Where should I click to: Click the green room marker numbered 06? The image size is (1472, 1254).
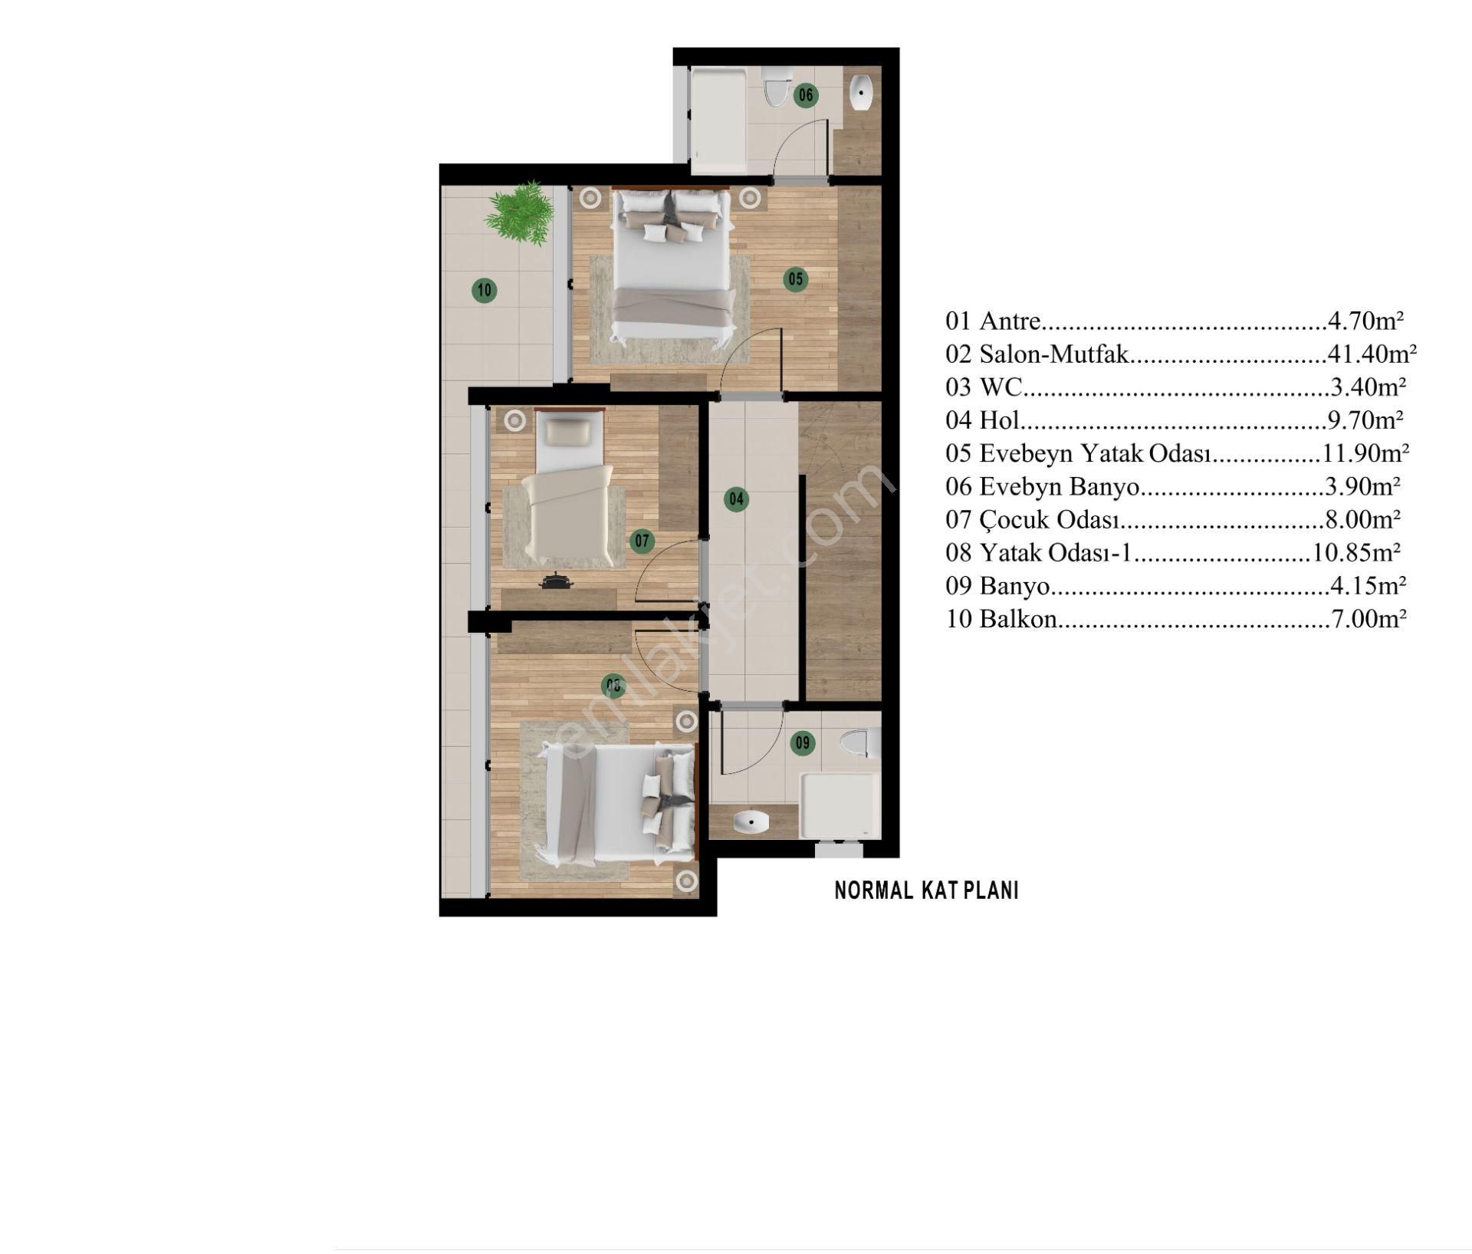tap(806, 95)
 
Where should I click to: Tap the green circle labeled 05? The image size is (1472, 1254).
tap(796, 279)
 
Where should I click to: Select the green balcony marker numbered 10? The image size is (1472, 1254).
tap(484, 291)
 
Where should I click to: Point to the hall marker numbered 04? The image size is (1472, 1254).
tap(736, 500)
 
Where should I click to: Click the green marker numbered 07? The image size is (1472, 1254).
tap(642, 541)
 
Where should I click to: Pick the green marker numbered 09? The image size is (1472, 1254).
tap(803, 742)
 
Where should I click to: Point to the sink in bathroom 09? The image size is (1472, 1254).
tap(751, 823)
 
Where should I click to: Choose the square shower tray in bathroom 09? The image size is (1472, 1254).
tap(839, 806)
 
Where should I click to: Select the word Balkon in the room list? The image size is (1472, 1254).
tap(1019, 619)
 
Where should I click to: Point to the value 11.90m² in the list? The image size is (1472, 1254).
tap(1365, 453)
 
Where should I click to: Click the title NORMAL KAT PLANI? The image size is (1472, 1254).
tap(926, 890)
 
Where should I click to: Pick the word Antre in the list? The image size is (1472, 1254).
tap(1010, 321)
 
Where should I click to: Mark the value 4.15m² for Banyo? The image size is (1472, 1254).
tap(1368, 586)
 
